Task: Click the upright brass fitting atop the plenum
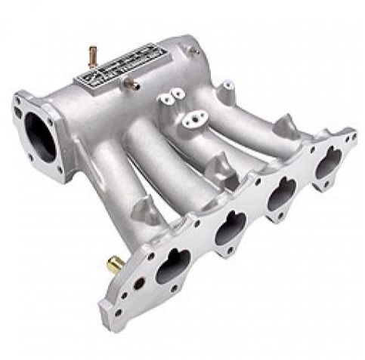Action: (93, 55)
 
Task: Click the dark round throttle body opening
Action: (41, 137)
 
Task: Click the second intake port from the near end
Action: (230, 227)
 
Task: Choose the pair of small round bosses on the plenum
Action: (171, 96)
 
